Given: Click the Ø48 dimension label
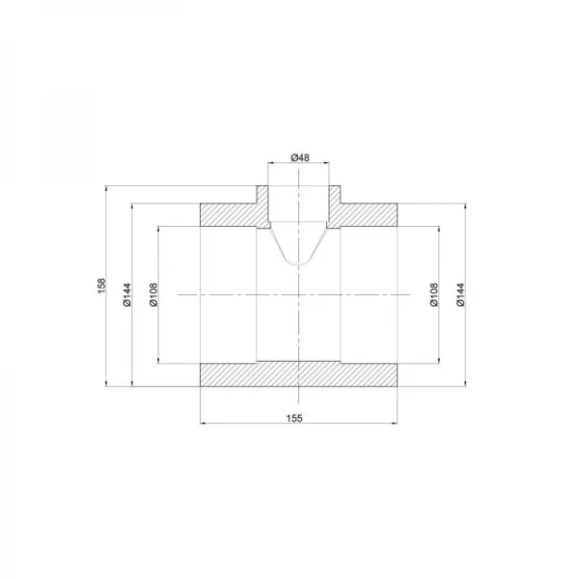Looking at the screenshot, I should [299, 157].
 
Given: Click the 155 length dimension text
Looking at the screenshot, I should [296, 417].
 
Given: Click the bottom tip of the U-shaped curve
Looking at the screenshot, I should [299, 265].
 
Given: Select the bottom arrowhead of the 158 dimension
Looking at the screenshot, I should [109, 387].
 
